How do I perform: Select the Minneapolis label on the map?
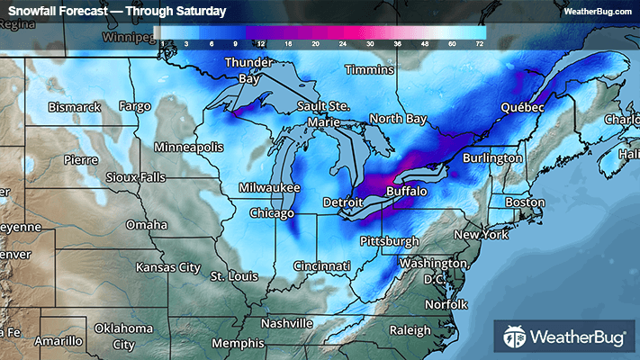[x=188, y=147]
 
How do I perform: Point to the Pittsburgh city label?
[x=389, y=241]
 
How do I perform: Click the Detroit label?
[x=344, y=202]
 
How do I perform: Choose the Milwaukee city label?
[x=269, y=187]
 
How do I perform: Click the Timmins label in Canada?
[x=369, y=69]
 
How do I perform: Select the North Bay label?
[x=397, y=119]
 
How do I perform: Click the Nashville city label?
[x=286, y=323]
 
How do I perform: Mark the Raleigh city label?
[x=409, y=330]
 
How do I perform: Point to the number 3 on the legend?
[x=185, y=42]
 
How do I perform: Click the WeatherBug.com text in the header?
[x=597, y=11]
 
